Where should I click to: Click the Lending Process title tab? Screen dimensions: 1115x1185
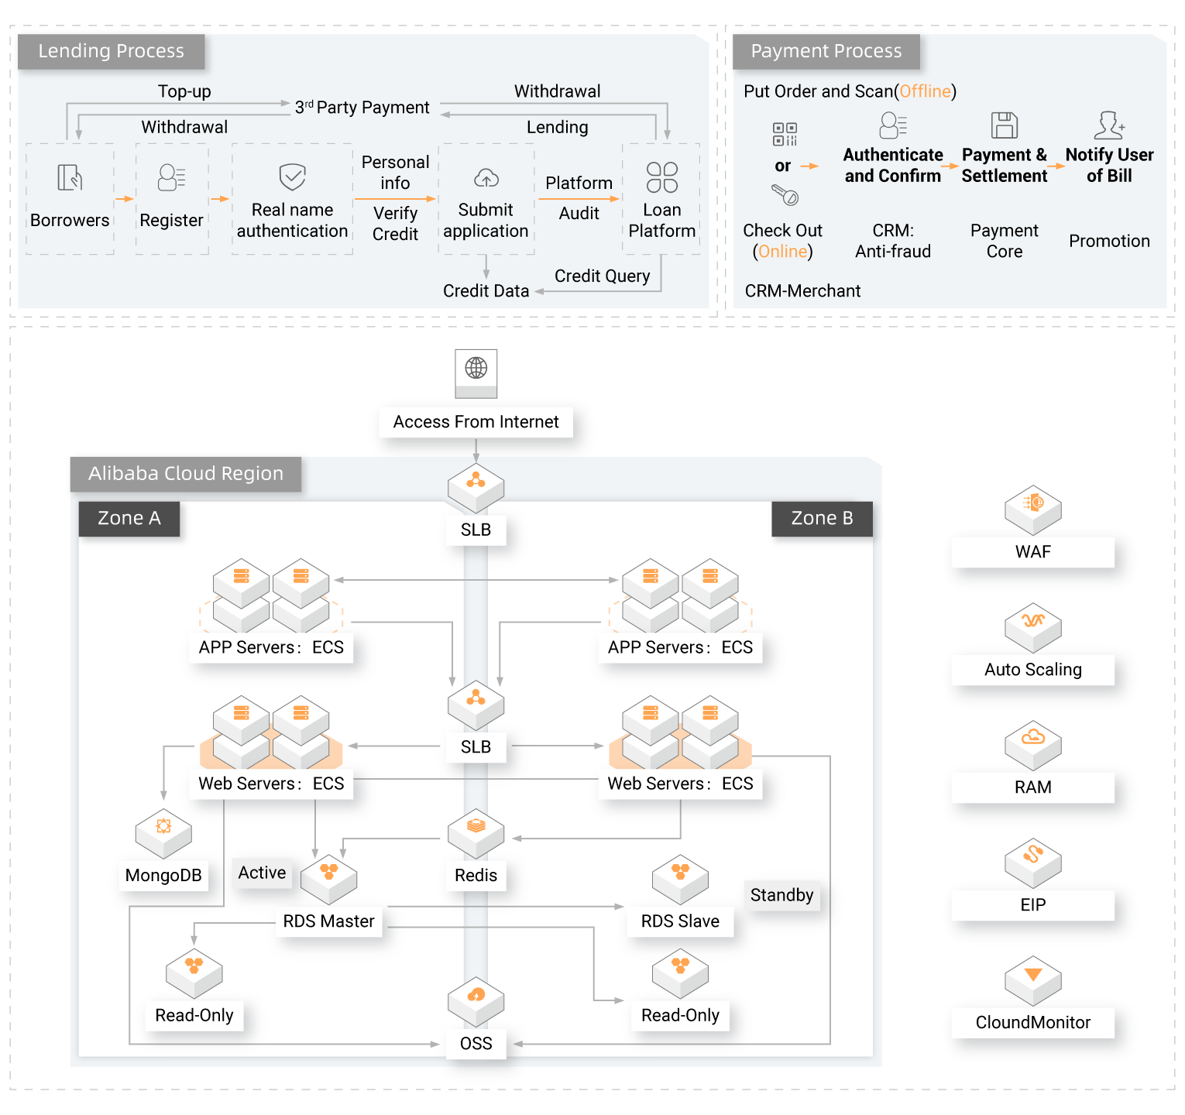pos(111,51)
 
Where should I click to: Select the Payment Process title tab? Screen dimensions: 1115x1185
pos(826,51)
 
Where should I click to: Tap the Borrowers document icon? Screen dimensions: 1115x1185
pos(70,177)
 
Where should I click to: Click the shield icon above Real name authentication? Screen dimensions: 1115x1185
pos(292,177)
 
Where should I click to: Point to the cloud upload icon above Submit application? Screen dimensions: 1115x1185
pos(486,178)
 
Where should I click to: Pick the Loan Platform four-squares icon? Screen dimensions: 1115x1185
pos(661,177)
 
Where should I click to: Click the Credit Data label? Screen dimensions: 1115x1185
pos(486,291)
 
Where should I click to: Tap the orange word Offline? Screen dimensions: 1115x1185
pos(925,91)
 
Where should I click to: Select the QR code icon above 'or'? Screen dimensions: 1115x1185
pos(784,134)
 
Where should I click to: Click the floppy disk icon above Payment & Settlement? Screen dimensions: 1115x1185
pos(1004,125)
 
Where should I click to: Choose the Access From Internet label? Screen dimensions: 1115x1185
pos(476,422)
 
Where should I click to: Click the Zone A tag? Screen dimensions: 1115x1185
pos(129,518)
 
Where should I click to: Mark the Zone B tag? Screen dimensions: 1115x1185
pos(822,518)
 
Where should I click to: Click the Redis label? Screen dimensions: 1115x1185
pos(476,875)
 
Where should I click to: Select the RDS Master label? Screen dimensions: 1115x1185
pos(328,921)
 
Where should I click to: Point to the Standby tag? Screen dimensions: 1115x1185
pos(781,895)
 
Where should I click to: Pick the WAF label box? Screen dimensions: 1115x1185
pos(1032,552)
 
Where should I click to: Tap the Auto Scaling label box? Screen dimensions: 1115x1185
pos(1032,670)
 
